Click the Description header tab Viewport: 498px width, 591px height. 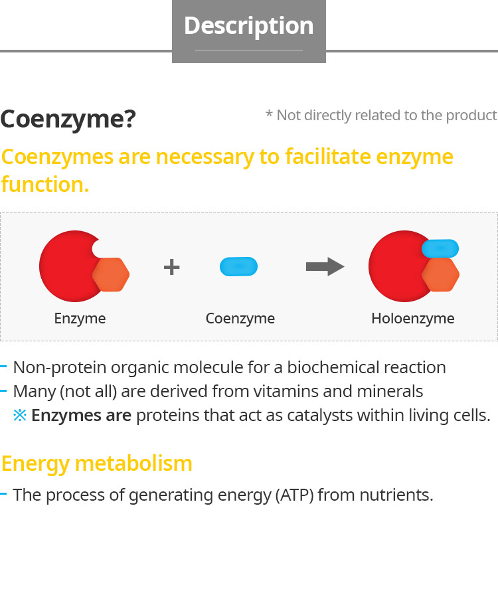(x=249, y=31)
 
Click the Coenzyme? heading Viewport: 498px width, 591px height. (x=68, y=120)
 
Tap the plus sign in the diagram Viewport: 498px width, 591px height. (x=171, y=267)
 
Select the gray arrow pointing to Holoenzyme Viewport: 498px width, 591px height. (x=325, y=266)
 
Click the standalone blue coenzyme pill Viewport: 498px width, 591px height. (x=238, y=266)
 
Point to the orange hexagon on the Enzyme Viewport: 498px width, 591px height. (x=111, y=274)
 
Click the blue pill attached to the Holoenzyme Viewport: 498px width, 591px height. (x=440, y=248)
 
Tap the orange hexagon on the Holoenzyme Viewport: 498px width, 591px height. (x=440, y=274)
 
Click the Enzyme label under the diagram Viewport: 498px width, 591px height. (x=80, y=319)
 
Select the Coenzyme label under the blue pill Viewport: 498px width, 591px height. (x=240, y=319)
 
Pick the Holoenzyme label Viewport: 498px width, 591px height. (x=413, y=319)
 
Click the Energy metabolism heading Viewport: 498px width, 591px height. (x=97, y=464)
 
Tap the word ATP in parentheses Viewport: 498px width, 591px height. (x=294, y=495)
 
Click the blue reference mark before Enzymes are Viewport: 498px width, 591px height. (x=20, y=415)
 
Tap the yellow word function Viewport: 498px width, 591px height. (x=45, y=185)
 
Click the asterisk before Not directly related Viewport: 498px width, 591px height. (x=269, y=114)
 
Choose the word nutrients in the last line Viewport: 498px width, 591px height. (x=396, y=495)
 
